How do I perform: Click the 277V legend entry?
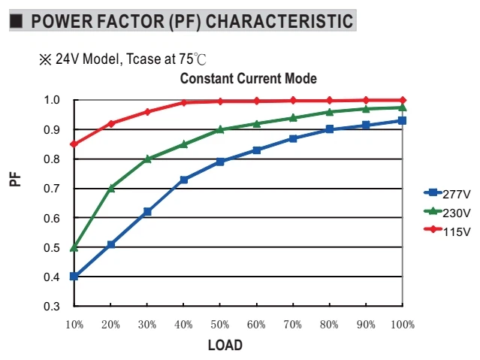pos(447,194)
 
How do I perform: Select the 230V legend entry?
pos(447,213)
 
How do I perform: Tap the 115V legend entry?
pos(447,231)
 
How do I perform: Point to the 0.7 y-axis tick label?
pos(51,189)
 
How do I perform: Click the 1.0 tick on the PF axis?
pos(51,100)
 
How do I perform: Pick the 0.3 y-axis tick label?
pos(51,306)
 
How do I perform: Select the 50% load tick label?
pos(220,325)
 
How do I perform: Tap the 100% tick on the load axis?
pos(403,325)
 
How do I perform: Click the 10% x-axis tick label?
pos(74,325)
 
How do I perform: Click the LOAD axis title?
pos(225,345)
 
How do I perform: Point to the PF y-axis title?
pos(15,179)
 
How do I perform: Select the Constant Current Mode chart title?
pos(249,78)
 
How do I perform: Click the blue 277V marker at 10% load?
pos(74,277)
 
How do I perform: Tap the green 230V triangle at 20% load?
pos(111,188)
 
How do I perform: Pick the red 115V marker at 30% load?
pos(147,112)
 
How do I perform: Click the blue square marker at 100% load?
pos(402,120)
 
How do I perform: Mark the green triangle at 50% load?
pos(220,129)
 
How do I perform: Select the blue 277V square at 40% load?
pos(184,180)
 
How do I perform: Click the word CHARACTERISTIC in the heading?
pos(279,21)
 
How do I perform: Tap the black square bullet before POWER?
pos(17,21)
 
